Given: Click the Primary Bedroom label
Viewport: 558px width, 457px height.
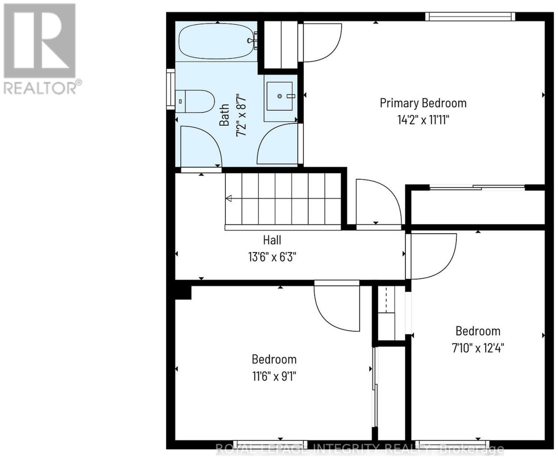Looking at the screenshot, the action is click(x=423, y=103).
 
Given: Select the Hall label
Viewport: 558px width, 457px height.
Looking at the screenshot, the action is click(x=272, y=240).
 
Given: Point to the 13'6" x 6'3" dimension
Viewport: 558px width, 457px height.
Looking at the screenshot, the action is click(x=272, y=257).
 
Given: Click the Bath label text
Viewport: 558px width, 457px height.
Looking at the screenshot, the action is click(x=224, y=114).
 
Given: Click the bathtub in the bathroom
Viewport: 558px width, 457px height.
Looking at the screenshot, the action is click(x=218, y=41).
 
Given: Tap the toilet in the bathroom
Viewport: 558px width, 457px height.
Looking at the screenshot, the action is click(x=195, y=101).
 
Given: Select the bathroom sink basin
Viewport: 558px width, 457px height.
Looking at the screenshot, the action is click(x=279, y=96).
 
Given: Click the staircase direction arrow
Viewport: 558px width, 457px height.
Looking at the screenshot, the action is click(x=228, y=198).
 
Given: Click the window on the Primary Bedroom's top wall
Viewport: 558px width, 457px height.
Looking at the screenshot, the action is click(x=470, y=17).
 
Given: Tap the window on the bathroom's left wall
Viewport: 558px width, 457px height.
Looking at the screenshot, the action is click(x=171, y=89).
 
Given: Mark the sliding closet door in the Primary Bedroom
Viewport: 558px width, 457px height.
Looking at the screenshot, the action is click(x=477, y=188).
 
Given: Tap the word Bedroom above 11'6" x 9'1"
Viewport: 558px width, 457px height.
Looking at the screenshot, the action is click(x=274, y=359).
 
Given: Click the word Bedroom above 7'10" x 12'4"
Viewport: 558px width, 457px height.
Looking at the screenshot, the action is click(x=478, y=331).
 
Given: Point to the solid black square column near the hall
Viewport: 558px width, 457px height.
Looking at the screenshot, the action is click(x=183, y=292).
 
